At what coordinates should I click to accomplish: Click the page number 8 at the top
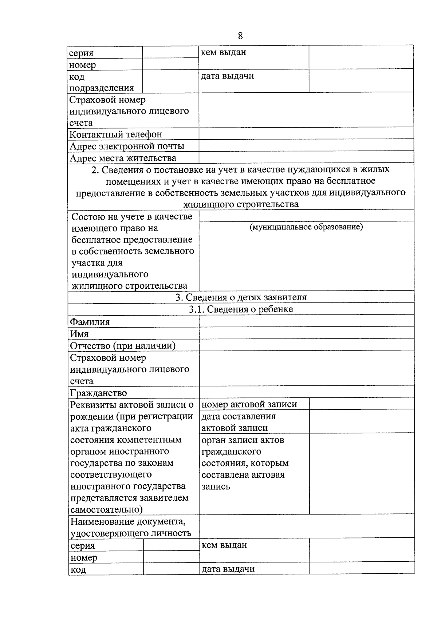pyautogui.click(x=240, y=36)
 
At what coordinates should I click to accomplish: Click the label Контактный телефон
pyautogui.click(x=115, y=135)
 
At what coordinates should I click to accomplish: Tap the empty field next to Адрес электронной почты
pyautogui.click(x=306, y=146)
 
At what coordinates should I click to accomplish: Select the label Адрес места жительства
pyautogui.click(x=123, y=158)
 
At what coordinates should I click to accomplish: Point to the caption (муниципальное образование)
pyautogui.click(x=306, y=227)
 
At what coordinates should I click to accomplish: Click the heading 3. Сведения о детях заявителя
pyautogui.click(x=241, y=297)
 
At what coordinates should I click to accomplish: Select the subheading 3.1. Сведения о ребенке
pyautogui.click(x=241, y=309)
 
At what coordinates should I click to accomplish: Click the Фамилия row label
pyautogui.click(x=90, y=322)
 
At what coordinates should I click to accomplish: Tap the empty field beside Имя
pyautogui.click(x=306, y=333)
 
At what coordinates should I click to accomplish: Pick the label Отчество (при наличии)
pyautogui.click(x=123, y=345)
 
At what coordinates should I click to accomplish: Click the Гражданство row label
pyautogui.click(x=98, y=393)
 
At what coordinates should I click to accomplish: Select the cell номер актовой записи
pyautogui.click(x=249, y=404)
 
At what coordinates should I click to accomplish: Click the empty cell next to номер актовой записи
pyautogui.click(x=361, y=404)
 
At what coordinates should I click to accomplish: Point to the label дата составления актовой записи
pyautogui.click(x=239, y=422)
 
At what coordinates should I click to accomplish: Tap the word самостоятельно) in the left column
pyautogui.click(x=106, y=509)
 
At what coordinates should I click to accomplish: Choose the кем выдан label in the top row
pyautogui.click(x=223, y=52)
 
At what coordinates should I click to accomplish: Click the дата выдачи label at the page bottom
pyautogui.click(x=228, y=569)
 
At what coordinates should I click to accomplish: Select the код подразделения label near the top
pyautogui.click(x=102, y=82)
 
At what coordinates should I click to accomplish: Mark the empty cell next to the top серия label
pyautogui.click(x=170, y=52)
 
